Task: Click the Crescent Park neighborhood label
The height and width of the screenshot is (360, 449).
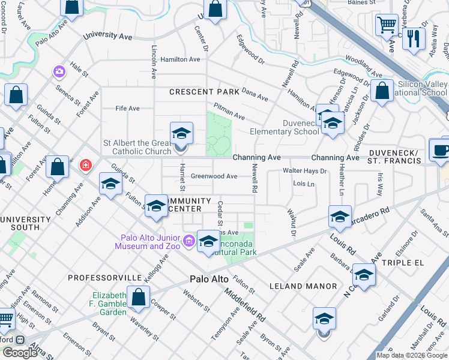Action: [x=204, y=92]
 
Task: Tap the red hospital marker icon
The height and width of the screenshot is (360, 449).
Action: [x=86, y=164]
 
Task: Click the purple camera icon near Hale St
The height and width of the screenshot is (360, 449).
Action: [x=59, y=72]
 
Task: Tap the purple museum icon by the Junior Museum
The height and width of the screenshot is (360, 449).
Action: [x=189, y=241]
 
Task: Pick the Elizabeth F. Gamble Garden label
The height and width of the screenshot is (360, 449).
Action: [x=109, y=304]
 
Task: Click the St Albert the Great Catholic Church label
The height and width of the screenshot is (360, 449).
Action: [x=137, y=148]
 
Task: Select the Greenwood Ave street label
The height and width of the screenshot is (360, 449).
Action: [x=214, y=176]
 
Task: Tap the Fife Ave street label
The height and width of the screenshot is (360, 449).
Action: [x=127, y=109]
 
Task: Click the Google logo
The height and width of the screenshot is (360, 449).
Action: [x=19, y=353]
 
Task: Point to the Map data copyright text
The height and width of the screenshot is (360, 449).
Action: [x=412, y=355]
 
